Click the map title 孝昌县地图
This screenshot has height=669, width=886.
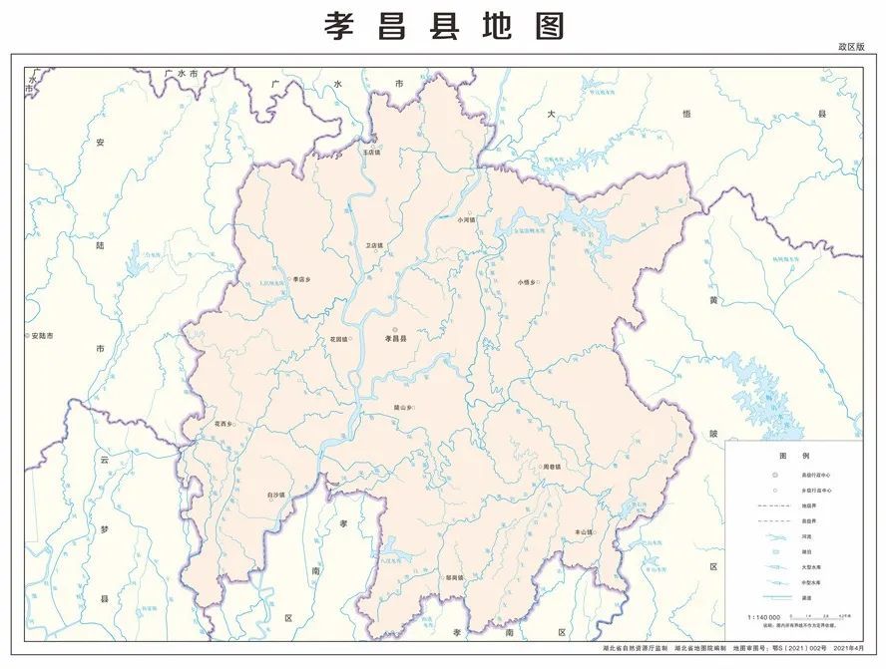tap(444, 26)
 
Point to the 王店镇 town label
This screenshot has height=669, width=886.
tap(371, 152)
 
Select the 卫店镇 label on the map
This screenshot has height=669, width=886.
tap(374, 245)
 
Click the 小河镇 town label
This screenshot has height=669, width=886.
tap(466, 219)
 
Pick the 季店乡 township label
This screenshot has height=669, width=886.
tap(302, 279)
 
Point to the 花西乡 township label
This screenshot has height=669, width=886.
tap(222, 425)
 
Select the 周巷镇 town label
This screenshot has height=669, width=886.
tap(551, 467)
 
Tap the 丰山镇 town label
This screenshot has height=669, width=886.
tap(583, 532)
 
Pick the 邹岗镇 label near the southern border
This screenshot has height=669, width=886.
tap(455, 577)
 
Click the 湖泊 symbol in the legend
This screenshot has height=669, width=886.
tap(774, 550)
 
